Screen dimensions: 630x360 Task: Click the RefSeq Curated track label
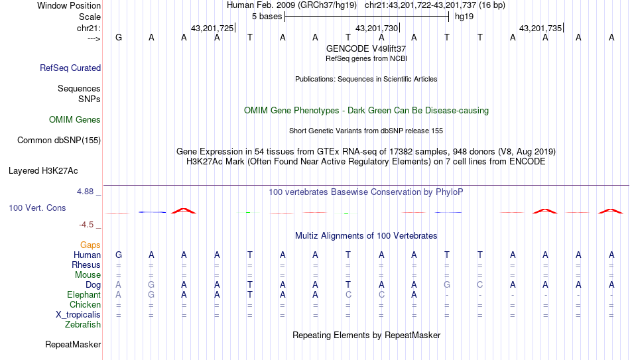click(x=70, y=68)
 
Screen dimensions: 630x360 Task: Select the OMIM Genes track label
click(x=75, y=120)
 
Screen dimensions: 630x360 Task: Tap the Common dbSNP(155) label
click(x=59, y=141)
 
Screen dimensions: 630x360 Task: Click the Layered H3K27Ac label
click(x=43, y=171)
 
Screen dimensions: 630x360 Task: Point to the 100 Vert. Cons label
click(x=37, y=208)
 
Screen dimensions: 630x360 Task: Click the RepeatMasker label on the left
click(x=73, y=344)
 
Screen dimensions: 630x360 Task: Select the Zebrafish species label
click(x=83, y=324)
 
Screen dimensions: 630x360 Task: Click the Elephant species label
click(x=84, y=294)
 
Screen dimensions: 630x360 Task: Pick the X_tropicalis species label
click(x=78, y=315)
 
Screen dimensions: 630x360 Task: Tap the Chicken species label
click(x=85, y=304)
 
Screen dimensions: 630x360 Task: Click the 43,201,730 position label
click(x=377, y=28)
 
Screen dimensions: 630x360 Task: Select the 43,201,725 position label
click(x=212, y=28)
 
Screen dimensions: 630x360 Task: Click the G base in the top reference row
click(x=119, y=37)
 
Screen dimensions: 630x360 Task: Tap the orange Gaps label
click(x=90, y=245)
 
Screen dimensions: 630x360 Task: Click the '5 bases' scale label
click(x=267, y=17)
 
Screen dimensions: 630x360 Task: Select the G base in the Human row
click(x=119, y=255)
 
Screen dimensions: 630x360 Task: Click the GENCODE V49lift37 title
click(x=366, y=48)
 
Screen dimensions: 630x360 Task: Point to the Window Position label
click(x=69, y=5)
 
